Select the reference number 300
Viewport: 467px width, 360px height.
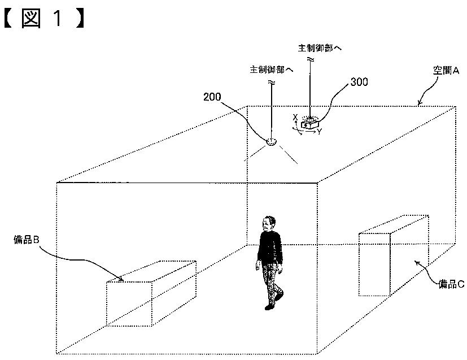359,82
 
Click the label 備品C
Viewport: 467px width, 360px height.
451,284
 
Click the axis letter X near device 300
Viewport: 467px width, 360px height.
295,117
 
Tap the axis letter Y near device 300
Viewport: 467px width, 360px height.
319,132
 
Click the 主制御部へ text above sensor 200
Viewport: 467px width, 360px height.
272,70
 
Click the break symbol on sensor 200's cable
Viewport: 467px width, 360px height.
272,83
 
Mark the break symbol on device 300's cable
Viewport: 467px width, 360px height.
309,59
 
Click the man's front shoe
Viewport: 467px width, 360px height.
269,306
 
